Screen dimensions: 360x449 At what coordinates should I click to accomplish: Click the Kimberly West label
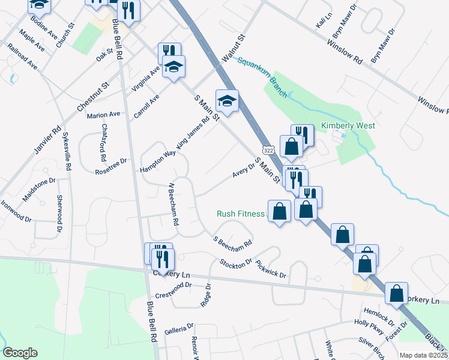pos(348,126)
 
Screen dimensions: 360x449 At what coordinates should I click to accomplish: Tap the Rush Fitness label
pos(241,214)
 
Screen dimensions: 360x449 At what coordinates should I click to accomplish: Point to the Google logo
pos(20,353)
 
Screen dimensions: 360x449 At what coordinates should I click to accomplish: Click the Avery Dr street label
pos(244,170)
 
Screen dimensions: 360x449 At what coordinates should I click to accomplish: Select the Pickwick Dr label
pos(271,268)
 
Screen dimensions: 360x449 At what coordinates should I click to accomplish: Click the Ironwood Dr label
pos(16,211)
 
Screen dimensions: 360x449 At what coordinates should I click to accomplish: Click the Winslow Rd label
pos(345,53)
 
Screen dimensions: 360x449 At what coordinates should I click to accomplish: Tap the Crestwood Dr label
pos(173,290)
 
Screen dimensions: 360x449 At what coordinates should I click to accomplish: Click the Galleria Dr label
pos(179,328)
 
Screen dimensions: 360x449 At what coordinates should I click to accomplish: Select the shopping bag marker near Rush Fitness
pos(279,211)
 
